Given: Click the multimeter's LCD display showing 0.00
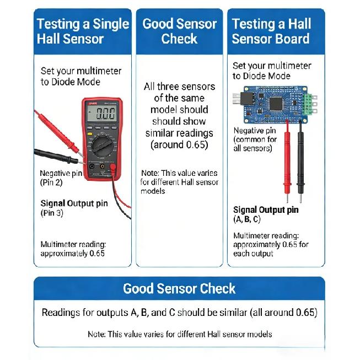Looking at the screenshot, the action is point(101,114).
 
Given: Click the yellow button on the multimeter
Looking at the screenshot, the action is point(90,134).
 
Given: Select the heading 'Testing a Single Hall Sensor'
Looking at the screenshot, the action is point(83,31).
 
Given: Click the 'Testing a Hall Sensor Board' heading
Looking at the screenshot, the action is point(271,31).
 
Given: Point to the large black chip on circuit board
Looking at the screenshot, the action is point(276,104).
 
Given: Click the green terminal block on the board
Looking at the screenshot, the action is point(309,104).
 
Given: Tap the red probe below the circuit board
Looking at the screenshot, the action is point(287,161).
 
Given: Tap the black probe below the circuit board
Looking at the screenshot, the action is point(300,161).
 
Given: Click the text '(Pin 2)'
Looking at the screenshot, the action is point(51,182).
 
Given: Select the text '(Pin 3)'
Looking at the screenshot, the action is point(52,213).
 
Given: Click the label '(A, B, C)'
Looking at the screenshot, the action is point(247,219).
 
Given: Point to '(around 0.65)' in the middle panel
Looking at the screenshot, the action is point(179,145).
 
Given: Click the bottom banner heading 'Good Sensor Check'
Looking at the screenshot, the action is point(179,288).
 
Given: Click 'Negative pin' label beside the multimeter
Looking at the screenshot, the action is point(61,173).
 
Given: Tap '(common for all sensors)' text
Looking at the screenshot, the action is point(255,144).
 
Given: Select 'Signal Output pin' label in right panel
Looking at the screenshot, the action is point(266,210).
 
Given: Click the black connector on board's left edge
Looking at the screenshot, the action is point(246,99).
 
